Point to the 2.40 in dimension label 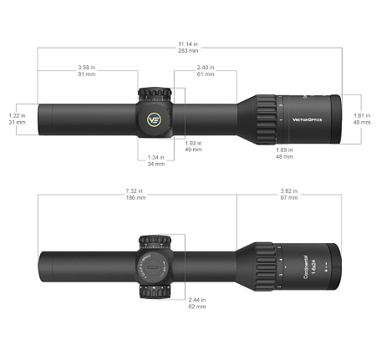[206, 66]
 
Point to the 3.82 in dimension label [288, 191]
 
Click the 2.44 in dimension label [197, 299]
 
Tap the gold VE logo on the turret [155, 118]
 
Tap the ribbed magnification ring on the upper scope [265, 119]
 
